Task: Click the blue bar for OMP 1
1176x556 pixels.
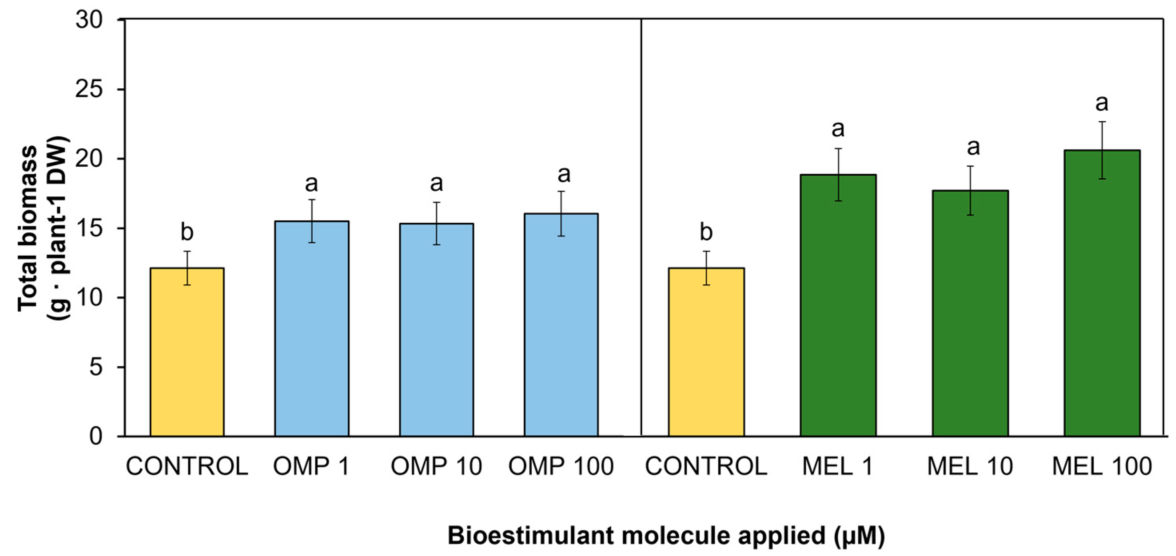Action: (312, 329)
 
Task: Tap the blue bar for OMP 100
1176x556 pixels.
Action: (561, 325)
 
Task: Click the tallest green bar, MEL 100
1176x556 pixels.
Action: (1102, 293)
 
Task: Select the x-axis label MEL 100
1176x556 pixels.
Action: (1102, 466)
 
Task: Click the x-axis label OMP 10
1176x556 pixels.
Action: (437, 466)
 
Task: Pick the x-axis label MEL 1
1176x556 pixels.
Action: (838, 466)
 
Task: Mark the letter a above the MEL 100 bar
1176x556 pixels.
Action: (1102, 104)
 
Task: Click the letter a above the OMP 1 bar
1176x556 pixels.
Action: (311, 184)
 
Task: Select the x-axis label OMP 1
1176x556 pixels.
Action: (311, 466)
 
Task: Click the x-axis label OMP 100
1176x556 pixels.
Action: (561, 466)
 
